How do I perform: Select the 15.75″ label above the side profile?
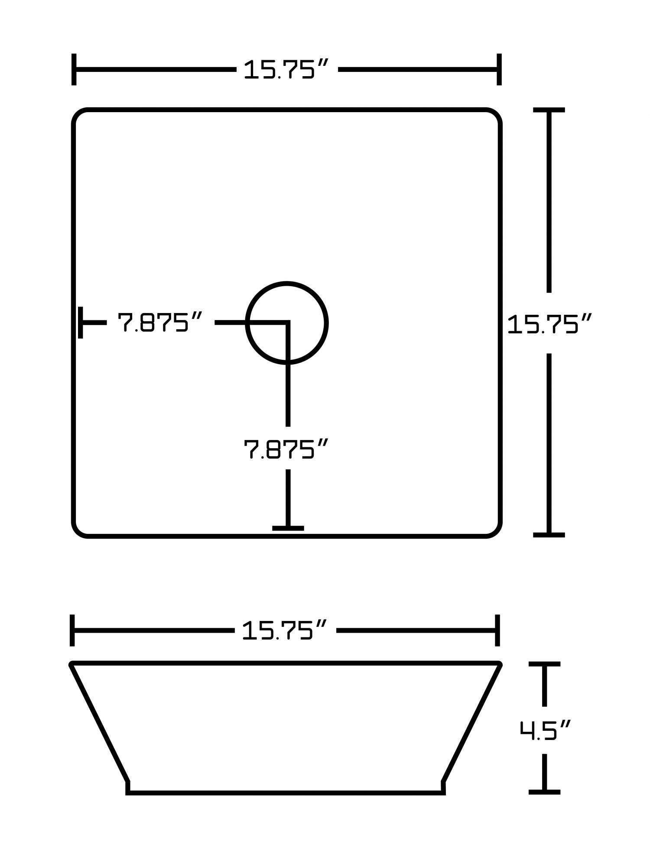pos(283,630)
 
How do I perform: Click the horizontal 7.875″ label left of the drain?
pos(160,322)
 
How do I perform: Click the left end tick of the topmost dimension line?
pos(74,69)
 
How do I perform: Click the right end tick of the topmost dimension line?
pos(499,69)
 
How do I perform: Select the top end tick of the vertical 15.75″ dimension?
pos(549,110)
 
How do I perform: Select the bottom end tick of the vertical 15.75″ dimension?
pos(549,535)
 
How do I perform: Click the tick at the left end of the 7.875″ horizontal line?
pos(81,323)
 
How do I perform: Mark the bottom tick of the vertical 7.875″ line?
pos(288,528)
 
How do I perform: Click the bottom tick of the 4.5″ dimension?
pos(544,792)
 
